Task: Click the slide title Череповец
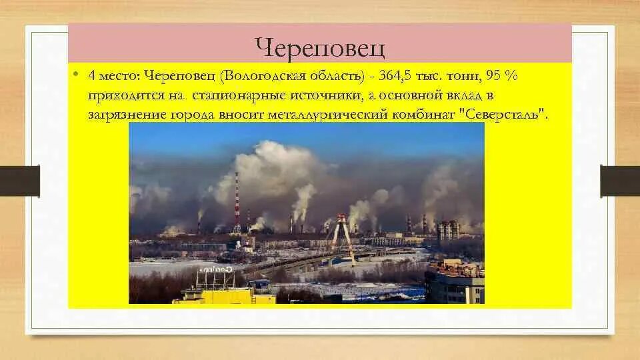[320, 47]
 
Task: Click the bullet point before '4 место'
[77, 75]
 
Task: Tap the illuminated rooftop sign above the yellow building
[215, 269]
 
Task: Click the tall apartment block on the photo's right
[448, 229]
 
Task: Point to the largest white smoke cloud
[277, 167]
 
